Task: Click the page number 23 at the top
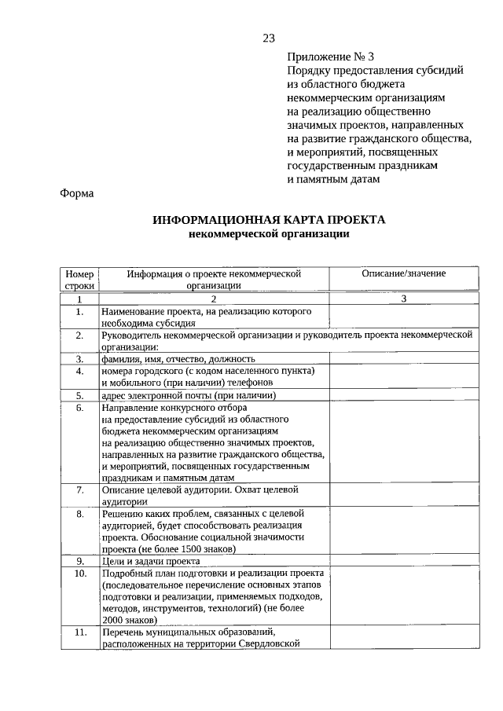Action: point(269,38)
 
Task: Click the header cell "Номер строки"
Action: point(79,280)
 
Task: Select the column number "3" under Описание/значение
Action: point(403,299)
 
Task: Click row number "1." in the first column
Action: point(79,312)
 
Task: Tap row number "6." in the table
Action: point(79,408)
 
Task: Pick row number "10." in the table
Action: point(79,574)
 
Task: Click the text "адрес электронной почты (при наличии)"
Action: point(182,395)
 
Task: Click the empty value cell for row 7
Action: point(403,495)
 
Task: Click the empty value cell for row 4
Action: point(403,376)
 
